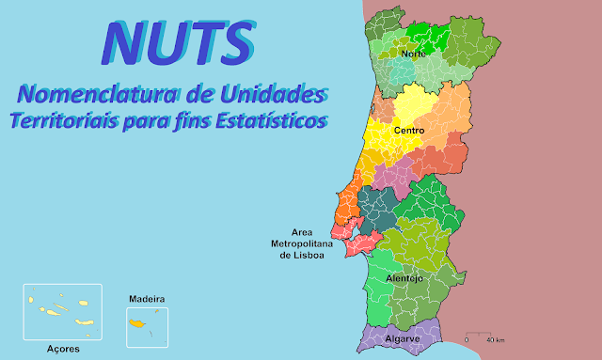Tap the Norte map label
413,55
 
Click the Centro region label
409,130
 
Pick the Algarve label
403,337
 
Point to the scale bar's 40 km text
495,338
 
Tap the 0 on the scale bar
467,338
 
